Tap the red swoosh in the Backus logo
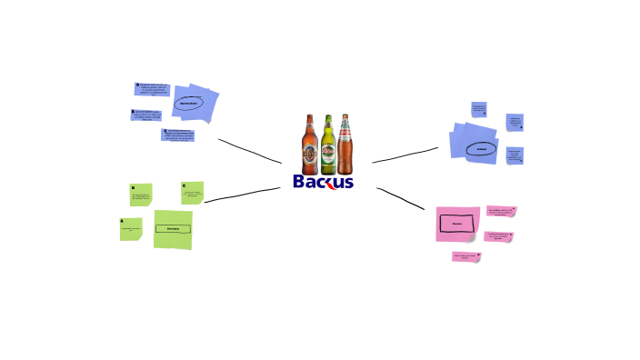334,183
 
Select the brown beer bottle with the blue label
310,145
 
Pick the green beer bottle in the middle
327,147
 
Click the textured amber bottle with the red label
345,145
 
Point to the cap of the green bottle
327,117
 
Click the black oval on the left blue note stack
189,104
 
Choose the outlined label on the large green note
173,228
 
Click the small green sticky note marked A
131,229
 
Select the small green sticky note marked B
141,195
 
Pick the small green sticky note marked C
192,192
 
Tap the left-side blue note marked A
152,89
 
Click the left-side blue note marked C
178,135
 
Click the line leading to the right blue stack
405,155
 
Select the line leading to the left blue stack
250,151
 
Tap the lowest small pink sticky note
465,257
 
